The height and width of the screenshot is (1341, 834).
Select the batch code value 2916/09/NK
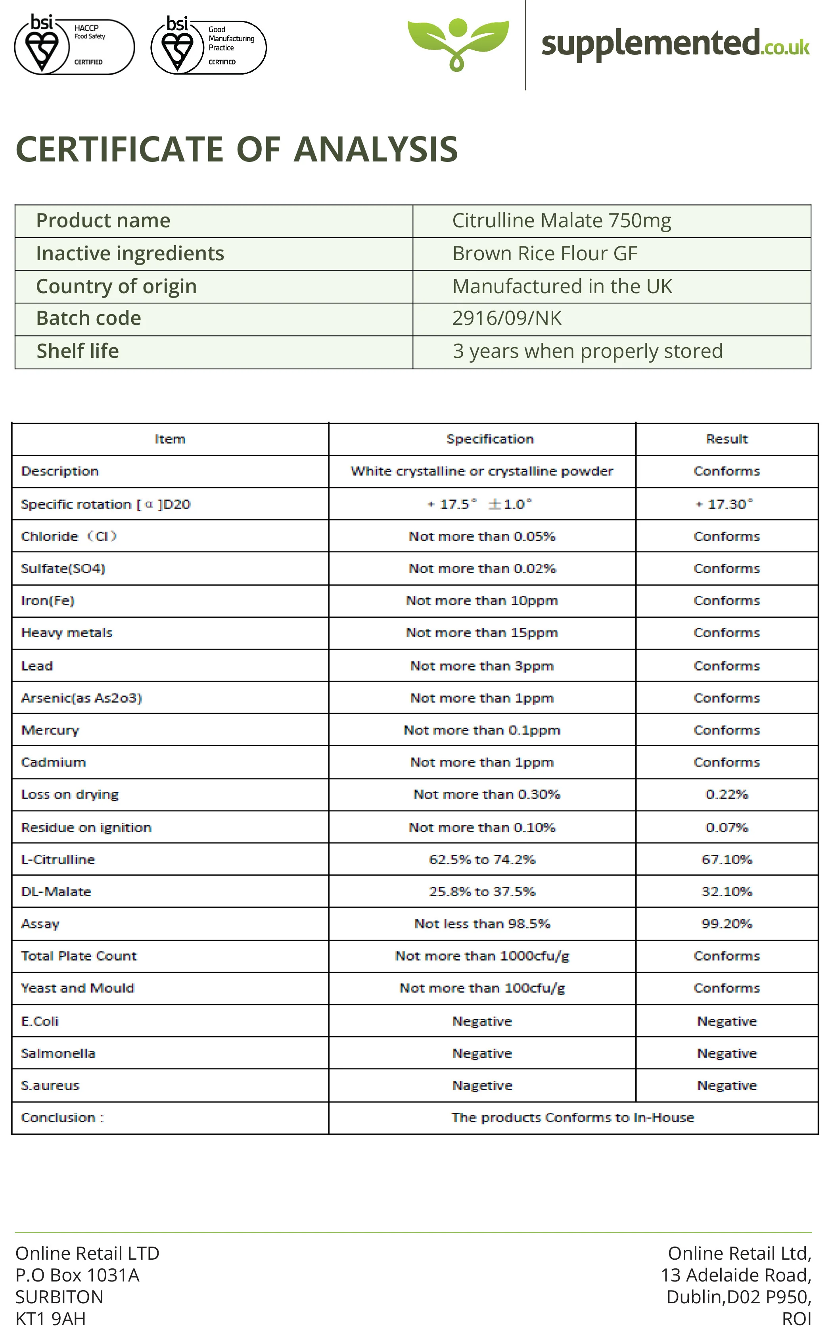click(506, 319)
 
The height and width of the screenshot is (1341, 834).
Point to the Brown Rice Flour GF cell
click(544, 253)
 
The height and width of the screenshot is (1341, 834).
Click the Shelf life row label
click(77, 351)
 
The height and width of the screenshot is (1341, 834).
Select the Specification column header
click(490, 439)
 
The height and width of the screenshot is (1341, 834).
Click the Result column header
click(727, 439)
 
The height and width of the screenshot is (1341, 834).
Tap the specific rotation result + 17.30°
click(724, 504)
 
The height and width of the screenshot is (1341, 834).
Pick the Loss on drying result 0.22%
click(727, 794)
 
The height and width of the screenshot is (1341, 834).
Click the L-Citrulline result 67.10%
click(727, 859)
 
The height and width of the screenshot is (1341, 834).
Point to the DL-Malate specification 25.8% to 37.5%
click(482, 892)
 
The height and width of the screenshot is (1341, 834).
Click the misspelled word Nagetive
click(482, 1085)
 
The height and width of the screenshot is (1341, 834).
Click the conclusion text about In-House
click(573, 1118)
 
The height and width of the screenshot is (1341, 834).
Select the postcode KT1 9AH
click(51, 1318)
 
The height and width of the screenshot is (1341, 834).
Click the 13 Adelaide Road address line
click(736, 1275)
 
